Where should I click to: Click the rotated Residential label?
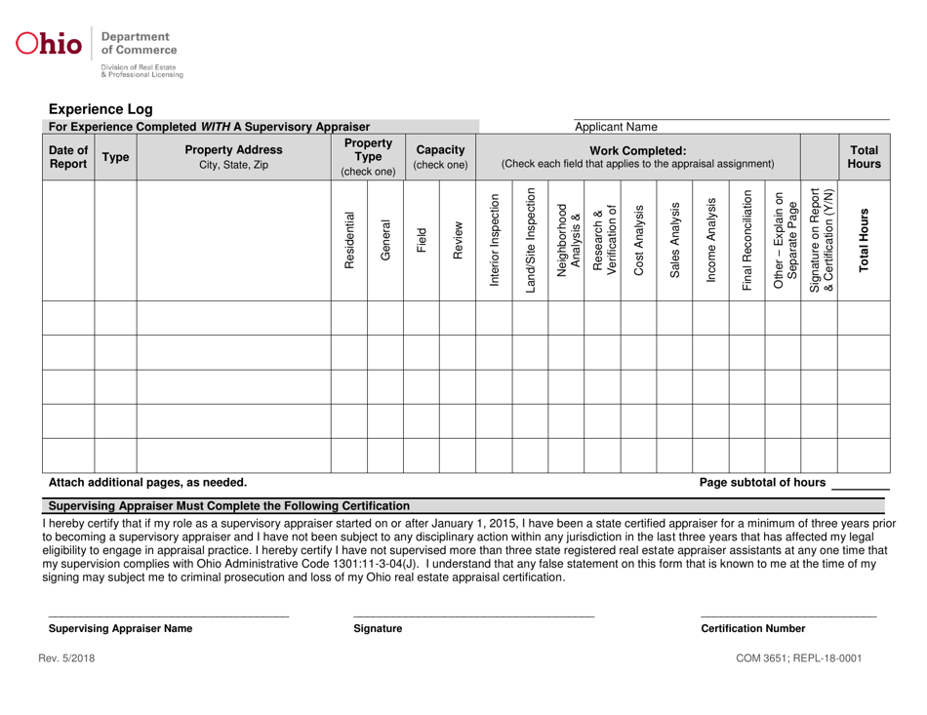(350, 237)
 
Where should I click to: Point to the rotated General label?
(385, 237)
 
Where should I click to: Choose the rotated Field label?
(422, 237)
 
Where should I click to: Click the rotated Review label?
(457, 237)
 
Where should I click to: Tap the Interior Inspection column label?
(494, 237)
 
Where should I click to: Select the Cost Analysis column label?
(639, 237)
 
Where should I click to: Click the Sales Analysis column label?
(675, 237)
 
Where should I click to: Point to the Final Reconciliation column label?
(747, 237)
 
